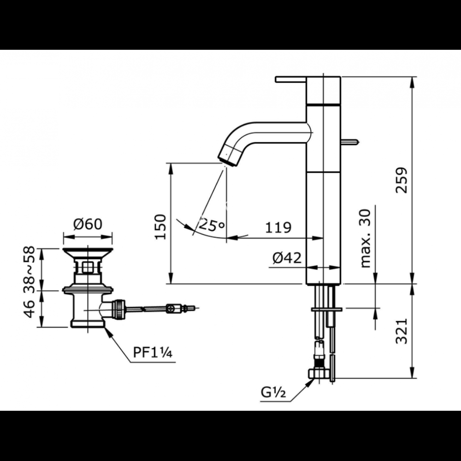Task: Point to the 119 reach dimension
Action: coord(278,227)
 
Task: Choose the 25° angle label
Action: coord(212,225)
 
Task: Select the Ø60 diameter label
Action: coord(88,225)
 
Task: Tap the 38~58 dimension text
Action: coord(29,268)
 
